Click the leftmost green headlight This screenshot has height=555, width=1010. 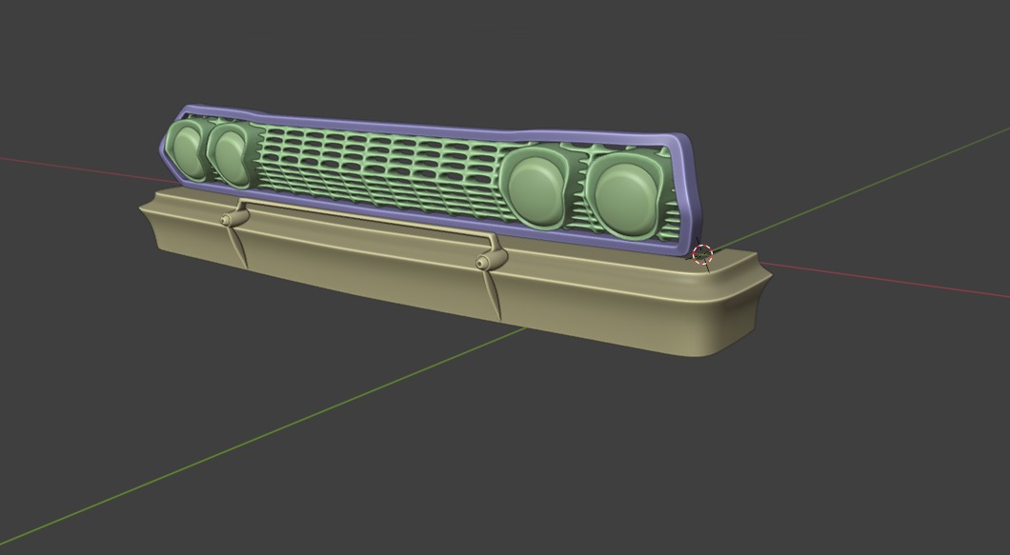pos(186,150)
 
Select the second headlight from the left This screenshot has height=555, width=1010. pos(230,154)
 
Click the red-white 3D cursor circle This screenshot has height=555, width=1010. pos(702,254)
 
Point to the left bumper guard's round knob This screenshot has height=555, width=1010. pos(229,219)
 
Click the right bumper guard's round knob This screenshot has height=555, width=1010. pos(485,261)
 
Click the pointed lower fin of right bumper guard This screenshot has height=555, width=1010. pos(495,297)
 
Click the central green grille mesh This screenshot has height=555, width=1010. pos(381,167)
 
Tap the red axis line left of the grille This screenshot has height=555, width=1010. pos(76,166)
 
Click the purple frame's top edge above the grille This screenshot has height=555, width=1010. pos(429,127)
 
